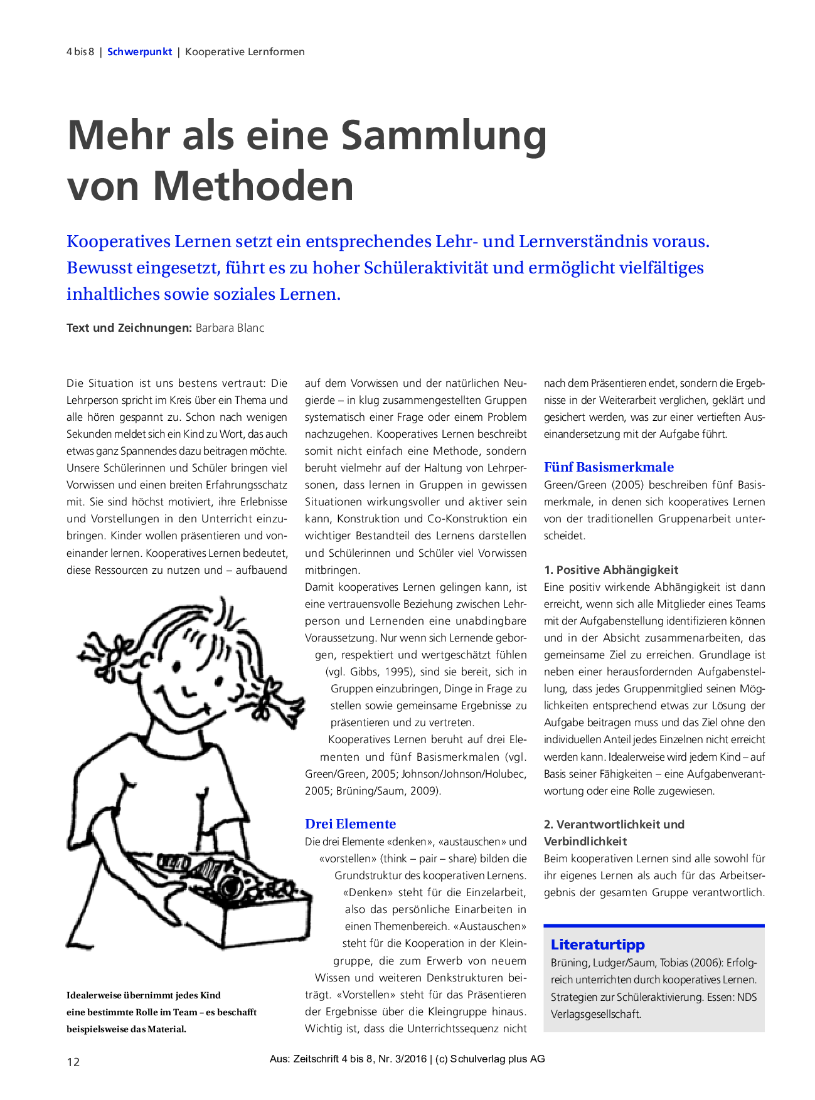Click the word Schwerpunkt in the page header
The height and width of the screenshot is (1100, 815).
tap(139, 52)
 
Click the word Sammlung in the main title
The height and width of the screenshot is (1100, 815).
tap(444, 135)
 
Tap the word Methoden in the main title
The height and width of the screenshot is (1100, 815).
tap(253, 186)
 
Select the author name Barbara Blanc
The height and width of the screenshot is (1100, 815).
tap(230, 328)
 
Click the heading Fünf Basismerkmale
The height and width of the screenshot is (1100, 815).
tap(609, 467)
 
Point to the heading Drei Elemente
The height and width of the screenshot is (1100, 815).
tap(350, 824)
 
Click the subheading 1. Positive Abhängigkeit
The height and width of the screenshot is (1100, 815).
tap(610, 570)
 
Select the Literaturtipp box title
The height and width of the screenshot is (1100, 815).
tap(597, 944)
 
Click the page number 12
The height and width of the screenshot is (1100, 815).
tap(73, 1062)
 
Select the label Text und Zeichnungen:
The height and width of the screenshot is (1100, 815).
tap(129, 328)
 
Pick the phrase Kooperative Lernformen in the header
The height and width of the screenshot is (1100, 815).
tap(245, 52)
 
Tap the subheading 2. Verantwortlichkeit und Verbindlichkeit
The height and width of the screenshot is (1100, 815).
tap(614, 833)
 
